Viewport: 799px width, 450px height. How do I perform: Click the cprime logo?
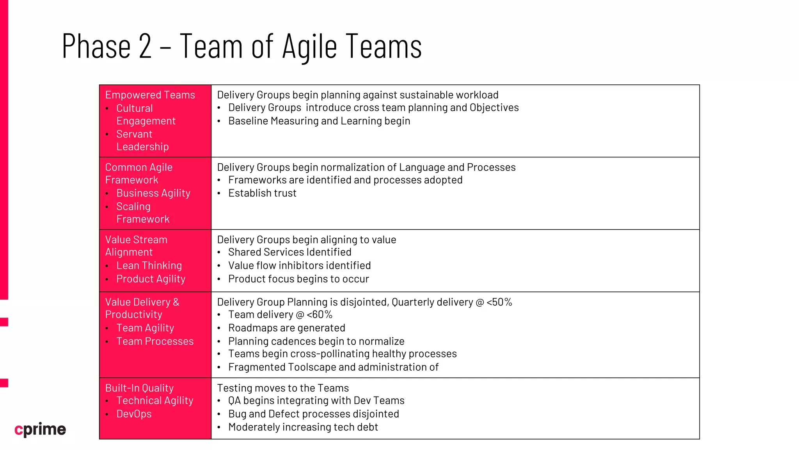[x=40, y=429]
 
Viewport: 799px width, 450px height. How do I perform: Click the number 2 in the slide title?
[x=145, y=46]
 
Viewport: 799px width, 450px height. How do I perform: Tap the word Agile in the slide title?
[x=309, y=46]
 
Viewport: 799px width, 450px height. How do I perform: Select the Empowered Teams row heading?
[x=150, y=95]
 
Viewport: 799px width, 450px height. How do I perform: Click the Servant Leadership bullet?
[x=142, y=140]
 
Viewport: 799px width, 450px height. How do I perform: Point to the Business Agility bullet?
[x=153, y=193]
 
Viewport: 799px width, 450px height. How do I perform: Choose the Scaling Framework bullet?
[x=143, y=212]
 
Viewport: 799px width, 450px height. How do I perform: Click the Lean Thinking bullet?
[x=149, y=266]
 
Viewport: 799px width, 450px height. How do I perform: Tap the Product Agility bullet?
[x=151, y=279]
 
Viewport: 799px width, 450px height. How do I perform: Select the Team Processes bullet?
[x=155, y=341]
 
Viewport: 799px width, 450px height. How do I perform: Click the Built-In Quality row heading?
[x=139, y=388]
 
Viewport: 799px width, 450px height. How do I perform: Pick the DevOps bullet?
[x=134, y=414]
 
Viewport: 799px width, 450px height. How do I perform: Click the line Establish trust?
[x=262, y=193]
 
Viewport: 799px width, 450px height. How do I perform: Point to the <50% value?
[x=499, y=302]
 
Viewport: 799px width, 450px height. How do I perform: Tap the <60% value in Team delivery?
[x=320, y=314]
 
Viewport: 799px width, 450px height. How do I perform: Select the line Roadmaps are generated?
[x=287, y=328]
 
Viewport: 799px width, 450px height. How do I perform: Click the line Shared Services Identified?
[x=290, y=252]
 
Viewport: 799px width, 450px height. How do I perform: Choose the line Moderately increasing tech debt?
[x=303, y=427]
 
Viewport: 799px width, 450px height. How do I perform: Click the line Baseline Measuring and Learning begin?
[x=319, y=121]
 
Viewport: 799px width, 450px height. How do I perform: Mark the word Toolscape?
[x=312, y=367]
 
